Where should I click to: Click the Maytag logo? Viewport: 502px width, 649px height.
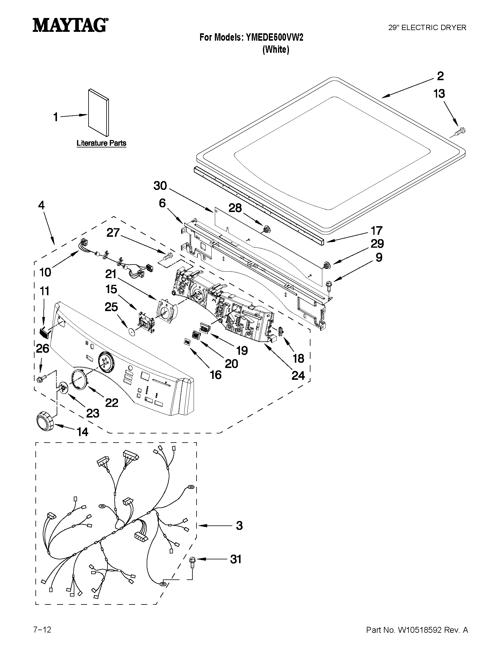(70, 25)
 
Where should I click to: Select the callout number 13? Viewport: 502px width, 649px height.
(439, 94)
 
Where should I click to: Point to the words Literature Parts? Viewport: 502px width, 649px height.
(102, 143)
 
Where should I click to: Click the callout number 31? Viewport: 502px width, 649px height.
(236, 559)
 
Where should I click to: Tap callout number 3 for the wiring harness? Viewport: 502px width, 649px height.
(239, 525)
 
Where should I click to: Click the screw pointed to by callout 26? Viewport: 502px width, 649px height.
(41, 379)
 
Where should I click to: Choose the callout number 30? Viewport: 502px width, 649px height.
(160, 186)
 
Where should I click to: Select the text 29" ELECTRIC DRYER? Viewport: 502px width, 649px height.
(427, 28)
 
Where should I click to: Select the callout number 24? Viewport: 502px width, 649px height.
(298, 376)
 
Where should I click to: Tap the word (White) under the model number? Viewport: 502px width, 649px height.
(276, 49)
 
